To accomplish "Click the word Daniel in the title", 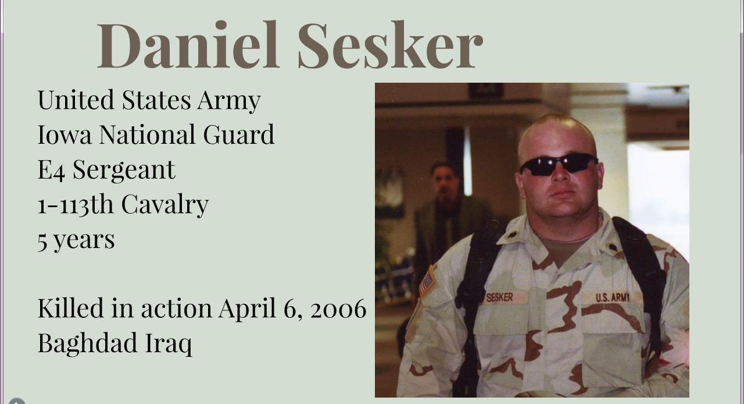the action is coord(188,45).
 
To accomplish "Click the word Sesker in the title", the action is coord(390,45).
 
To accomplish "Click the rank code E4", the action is coord(51,170).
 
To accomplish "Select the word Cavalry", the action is coord(164,205).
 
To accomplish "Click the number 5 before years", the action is coord(42,241).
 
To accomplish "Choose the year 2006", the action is coord(338,309).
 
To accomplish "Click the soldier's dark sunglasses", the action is coord(559,164).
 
